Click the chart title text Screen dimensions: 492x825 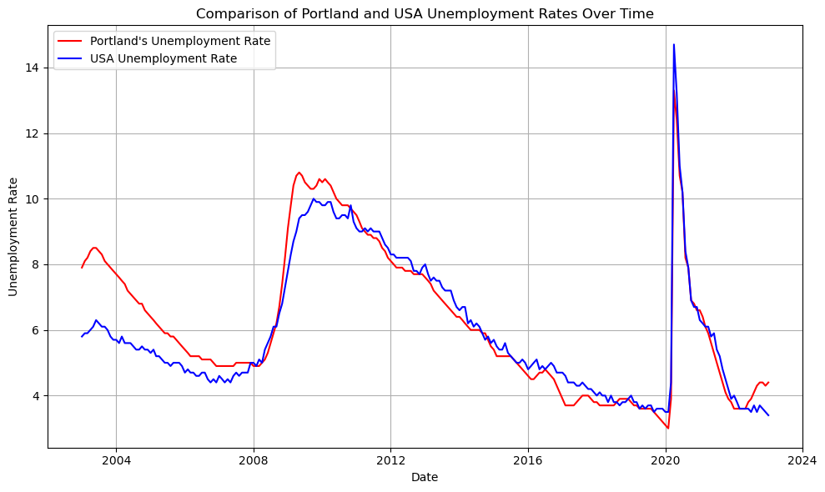click(425, 13)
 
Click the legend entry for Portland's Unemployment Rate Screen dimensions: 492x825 click(180, 41)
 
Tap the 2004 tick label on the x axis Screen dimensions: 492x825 click(116, 460)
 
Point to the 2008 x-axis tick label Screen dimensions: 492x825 click(254, 460)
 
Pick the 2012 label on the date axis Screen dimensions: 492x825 click(390, 460)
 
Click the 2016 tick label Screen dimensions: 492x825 click(528, 460)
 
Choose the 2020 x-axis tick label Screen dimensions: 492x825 click(666, 460)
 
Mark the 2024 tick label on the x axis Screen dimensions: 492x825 click(802, 460)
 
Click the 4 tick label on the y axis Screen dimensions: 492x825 click(37, 396)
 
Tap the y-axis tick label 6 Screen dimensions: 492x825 click(37, 330)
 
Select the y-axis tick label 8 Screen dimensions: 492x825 click(37, 264)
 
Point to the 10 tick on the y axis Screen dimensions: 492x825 click(33, 199)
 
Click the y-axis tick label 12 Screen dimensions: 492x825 click(33, 133)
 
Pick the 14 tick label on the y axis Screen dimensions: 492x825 click(33, 68)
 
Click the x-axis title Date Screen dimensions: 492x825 click(425, 478)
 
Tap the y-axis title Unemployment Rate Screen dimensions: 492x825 click(13, 237)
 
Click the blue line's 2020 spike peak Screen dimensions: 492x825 click(673, 44)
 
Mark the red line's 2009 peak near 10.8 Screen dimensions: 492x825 click(299, 173)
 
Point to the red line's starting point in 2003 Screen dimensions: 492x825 click(82, 268)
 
